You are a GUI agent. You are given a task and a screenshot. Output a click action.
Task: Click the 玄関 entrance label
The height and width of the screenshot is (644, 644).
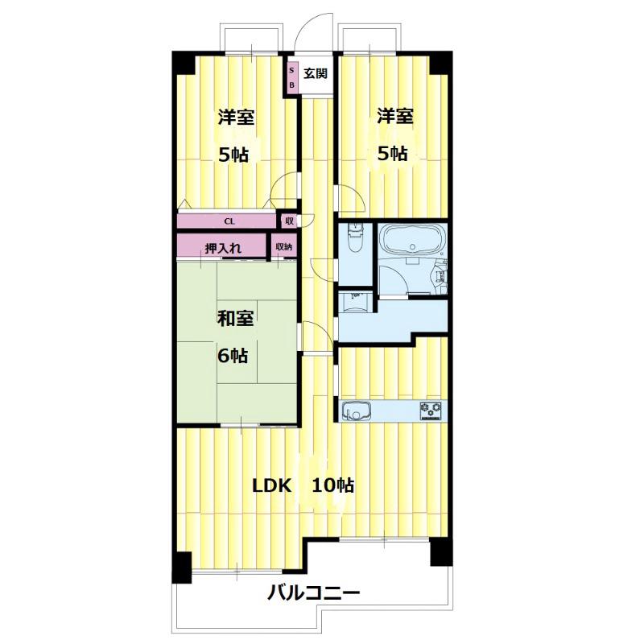316,74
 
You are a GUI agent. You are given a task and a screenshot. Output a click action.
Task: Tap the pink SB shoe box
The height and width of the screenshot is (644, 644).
292,77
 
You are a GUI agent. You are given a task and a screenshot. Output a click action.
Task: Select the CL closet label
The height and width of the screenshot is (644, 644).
229,221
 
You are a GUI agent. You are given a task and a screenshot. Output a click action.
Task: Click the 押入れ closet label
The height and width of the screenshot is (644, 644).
223,248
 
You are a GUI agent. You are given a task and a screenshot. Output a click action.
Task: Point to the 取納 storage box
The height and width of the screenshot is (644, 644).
284,246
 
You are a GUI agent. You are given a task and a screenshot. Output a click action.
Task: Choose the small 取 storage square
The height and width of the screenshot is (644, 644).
290,221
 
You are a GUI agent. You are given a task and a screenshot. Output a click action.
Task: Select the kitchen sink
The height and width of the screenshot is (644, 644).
356,411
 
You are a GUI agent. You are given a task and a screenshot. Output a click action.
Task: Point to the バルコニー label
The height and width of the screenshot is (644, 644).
314,592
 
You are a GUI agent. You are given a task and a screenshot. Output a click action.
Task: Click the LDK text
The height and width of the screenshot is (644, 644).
271,486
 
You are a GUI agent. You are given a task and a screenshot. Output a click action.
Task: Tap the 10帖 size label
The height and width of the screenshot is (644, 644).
333,485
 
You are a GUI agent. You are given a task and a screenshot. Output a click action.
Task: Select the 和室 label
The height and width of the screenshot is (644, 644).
235,318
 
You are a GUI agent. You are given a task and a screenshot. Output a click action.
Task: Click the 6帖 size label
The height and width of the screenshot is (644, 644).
233,355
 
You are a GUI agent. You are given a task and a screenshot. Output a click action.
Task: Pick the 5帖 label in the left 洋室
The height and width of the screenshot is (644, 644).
233,155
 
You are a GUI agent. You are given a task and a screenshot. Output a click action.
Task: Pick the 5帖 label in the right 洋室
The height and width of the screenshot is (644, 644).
393,154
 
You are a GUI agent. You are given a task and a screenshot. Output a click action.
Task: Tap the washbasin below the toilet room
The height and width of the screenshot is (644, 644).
355,299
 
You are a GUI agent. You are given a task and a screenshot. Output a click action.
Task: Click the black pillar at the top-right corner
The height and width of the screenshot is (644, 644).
440,63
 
